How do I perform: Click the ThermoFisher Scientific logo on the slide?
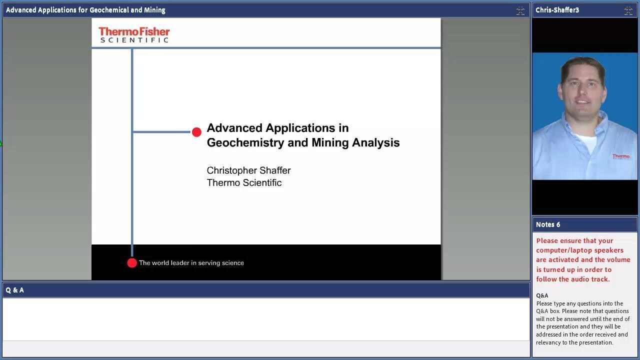point(134,35)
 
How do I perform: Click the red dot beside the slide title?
point(196,132)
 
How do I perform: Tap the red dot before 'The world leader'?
point(132,263)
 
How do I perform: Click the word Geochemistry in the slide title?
point(245,142)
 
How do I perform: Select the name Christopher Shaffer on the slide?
point(248,170)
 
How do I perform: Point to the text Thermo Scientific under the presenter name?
point(244,183)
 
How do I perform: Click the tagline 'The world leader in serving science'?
point(191,263)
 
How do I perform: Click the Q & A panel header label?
point(14,290)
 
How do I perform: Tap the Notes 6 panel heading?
point(547,224)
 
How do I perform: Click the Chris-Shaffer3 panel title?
point(557,10)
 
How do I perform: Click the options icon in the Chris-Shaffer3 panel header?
point(628,11)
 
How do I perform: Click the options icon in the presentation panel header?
point(520,11)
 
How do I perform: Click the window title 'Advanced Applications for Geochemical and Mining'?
point(85,10)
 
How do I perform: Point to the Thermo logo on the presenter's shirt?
point(620,156)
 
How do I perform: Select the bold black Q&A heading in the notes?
point(542,295)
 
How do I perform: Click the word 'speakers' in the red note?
point(609,250)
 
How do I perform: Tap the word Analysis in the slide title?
point(375,142)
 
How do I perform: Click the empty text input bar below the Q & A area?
point(266,348)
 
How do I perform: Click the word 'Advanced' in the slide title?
point(234,128)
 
